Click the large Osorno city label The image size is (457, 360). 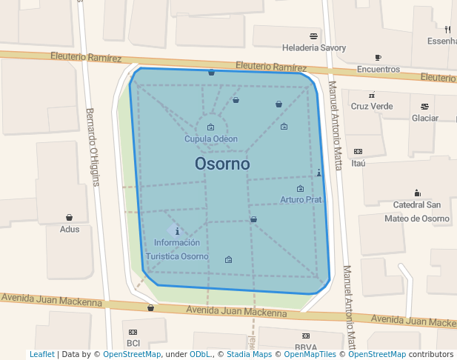click(222, 164)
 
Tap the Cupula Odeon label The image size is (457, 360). click(211, 139)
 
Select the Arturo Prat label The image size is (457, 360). click(301, 199)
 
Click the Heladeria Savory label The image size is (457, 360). click(314, 48)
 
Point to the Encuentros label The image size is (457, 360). click(378, 69)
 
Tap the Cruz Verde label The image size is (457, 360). click(372, 106)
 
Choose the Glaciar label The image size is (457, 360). click(425, 118)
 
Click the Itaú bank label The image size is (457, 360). click(358, 163)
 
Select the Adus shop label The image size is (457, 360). click(70, 229)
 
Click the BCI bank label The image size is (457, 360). click(133, 343)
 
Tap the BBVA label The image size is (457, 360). click(305, 347)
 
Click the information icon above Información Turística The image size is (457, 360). click(177, 231)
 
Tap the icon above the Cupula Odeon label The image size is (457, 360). click(211, 127)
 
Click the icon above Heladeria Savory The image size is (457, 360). click(314, 36)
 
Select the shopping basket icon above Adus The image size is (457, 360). click(70, 217)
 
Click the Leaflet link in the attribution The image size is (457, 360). click(41, 354)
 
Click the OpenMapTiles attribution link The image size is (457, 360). click(307, 354)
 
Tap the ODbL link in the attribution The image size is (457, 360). click(199, 354)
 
